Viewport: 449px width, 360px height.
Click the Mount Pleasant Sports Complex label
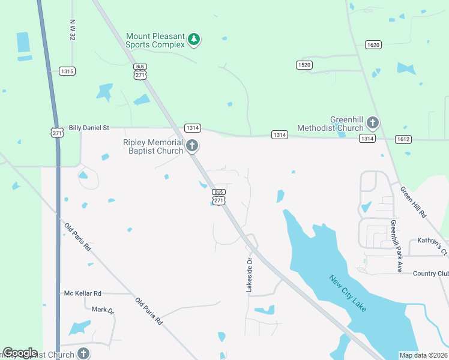tap(155, 40)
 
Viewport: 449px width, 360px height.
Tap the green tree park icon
tap(193, 40)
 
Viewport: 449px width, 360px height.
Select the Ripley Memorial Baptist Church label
tap(153, 146)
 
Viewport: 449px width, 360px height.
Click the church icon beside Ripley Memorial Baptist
tap(192, 146)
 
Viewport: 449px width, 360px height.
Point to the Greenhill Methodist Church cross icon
tap(372, 124)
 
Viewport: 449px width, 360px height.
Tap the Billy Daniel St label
tap(89, 128)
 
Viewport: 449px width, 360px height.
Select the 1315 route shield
tap(67, 71)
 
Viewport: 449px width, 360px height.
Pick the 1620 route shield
tap(373, 44)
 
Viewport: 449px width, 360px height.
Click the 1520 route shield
tap(304, 65)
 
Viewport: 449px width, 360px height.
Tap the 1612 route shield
tap(403, 139)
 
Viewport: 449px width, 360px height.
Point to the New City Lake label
tap(347, 293)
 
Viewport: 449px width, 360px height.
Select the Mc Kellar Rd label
tap(83, 293)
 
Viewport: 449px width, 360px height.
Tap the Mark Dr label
tap(103, 310)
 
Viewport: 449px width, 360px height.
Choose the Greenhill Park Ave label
tap(396, 246)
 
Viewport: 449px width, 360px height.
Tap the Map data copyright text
tap(424, 355)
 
